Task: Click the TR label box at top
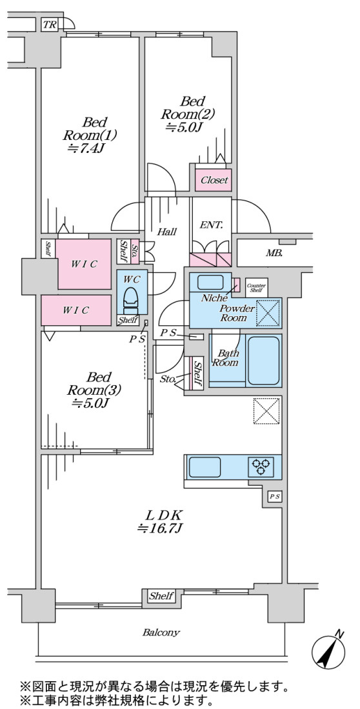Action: tap(50, 25)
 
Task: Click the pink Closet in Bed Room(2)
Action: tap(214, 179)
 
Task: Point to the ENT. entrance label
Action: tap(211, 225)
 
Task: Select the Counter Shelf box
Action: tap(256, 287)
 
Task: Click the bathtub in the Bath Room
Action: tap(263, 361)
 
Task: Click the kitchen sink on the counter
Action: tap(205, 466)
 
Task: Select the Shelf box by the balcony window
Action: tap(162, 596)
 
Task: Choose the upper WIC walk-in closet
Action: tap(84, 264)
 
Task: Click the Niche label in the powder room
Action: tap(211, 299)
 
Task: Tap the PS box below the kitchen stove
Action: tap(275, 496)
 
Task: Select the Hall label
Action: tap(167, 232)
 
